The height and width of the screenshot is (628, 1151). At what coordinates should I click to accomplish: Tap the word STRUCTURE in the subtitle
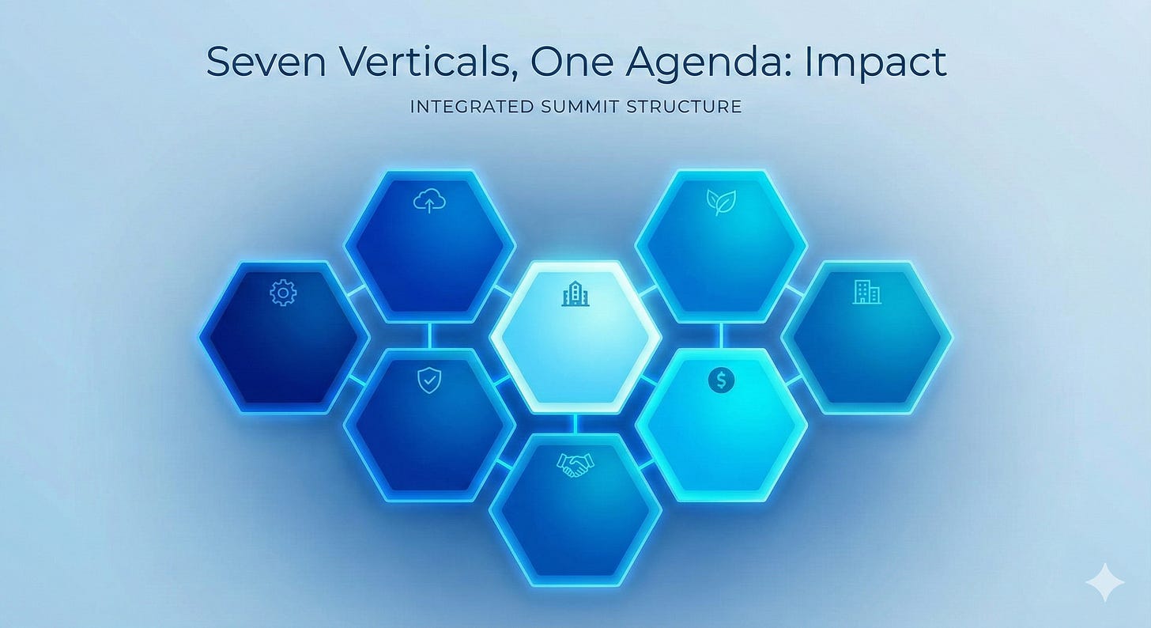[x=684, y=107]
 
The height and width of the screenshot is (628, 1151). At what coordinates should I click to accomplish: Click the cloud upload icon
[x=429, y=203]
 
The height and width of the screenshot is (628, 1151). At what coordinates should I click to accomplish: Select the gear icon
[x=282, y=294]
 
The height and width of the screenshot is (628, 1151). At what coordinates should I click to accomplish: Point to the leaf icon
[x=720, y=203]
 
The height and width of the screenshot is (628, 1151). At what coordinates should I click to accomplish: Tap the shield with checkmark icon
[x=428, y=382]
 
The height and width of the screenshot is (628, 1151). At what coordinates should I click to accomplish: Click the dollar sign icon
[x=721, y=380]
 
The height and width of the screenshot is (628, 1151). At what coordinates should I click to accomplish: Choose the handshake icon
[x=575, y=465]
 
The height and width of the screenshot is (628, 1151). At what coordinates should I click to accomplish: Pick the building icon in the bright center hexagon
[x=575, y=296]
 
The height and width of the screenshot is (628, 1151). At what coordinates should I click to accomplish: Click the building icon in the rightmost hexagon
[x=867, y=293]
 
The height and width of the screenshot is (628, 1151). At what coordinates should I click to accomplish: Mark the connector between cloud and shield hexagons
[x=429, y=335]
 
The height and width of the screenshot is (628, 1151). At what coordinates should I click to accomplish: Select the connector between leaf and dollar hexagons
[x=721, y=335]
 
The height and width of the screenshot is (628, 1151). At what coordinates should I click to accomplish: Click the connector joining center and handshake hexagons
[x=575, y=423]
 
